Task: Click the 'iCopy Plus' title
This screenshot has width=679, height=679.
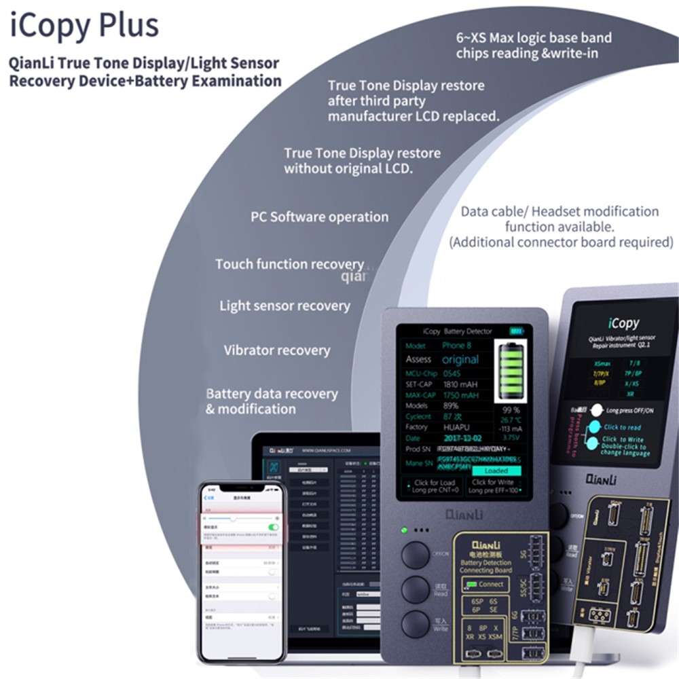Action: click(84, 25)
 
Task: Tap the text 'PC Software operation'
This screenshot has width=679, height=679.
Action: click(319, 217)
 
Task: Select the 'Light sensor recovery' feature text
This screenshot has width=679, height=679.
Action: click(285, 306)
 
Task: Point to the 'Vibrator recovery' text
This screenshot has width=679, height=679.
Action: click(276, 350)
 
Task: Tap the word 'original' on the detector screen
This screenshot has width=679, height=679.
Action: click(460, 359)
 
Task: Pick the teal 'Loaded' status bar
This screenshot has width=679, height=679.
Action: click(496, 470)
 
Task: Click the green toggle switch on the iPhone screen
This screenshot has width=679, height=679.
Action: click(273, 527)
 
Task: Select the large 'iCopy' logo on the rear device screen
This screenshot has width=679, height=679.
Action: click(623, 323)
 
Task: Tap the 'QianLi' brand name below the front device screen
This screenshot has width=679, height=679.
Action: click(463, 514)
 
